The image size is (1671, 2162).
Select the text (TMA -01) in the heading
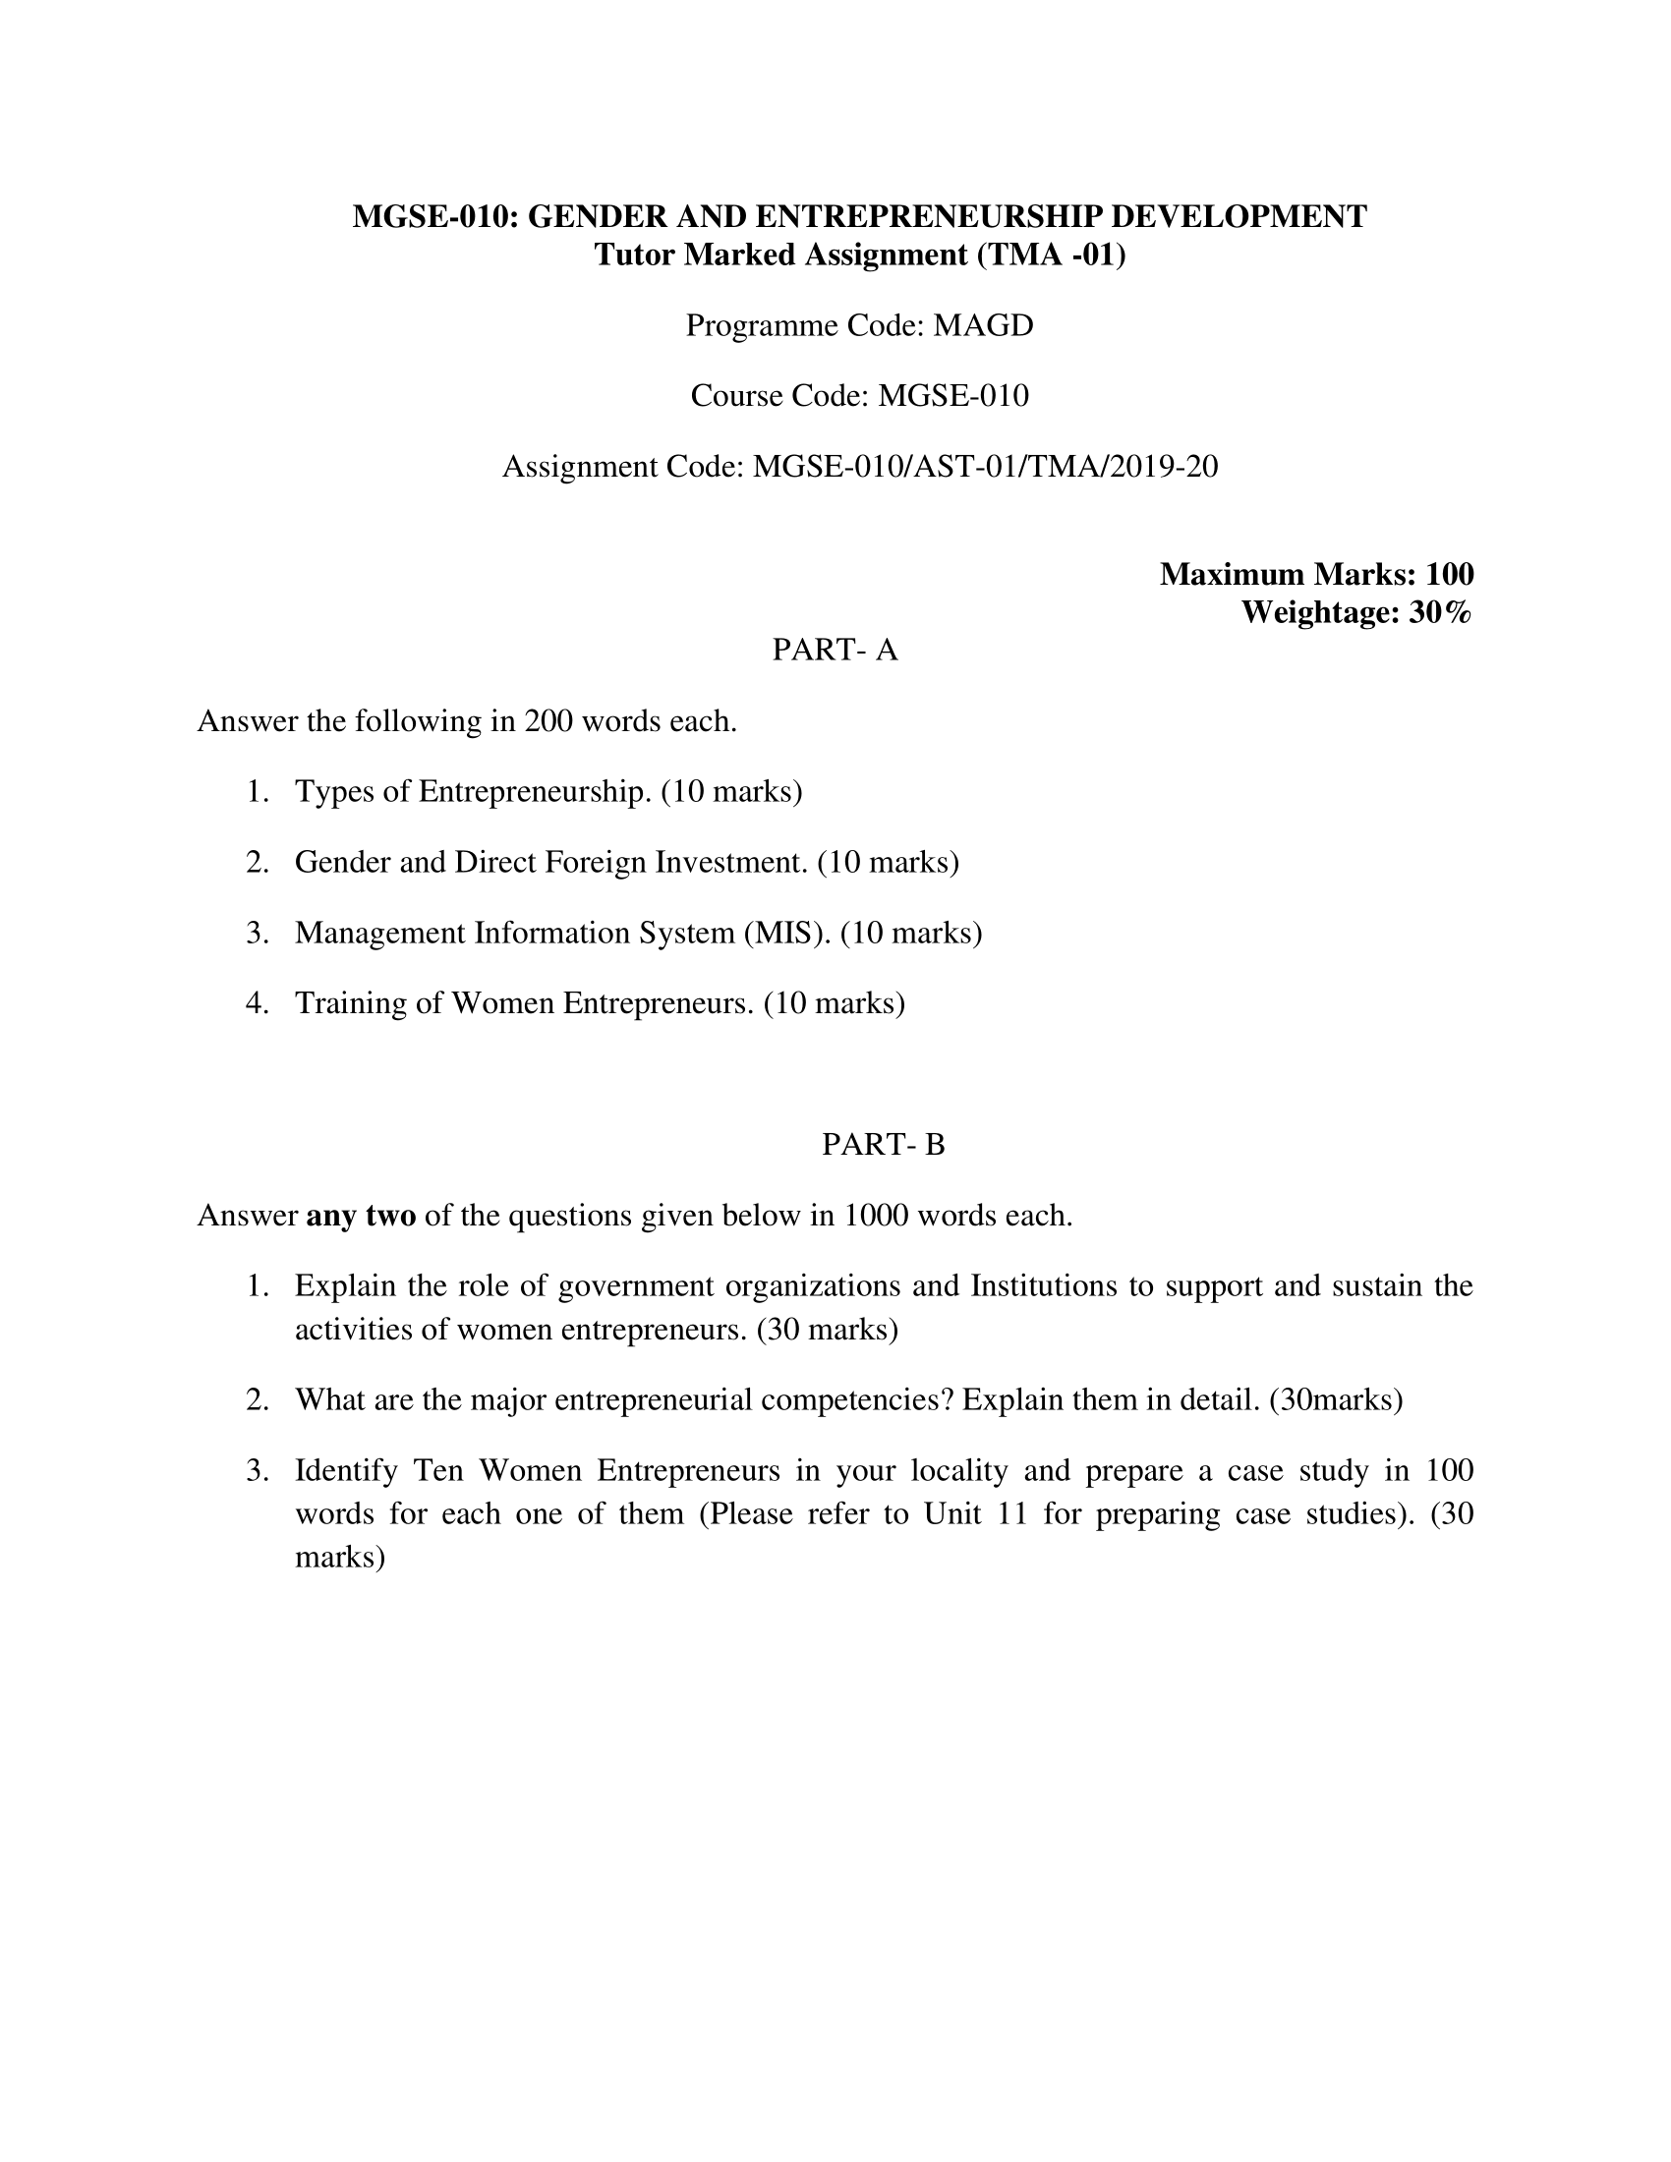click(x=1052, y=256)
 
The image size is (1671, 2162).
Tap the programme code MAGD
click(x=983, y=324)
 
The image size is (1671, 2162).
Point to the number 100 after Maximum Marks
click(x=1449, y=574)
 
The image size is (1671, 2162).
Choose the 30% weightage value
click(x=1440, y=613)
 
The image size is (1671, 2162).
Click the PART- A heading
click(x=835, y=650)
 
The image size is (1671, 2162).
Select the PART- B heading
click(x=883, y=1144)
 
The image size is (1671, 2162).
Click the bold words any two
click(x=362, y=1215)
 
